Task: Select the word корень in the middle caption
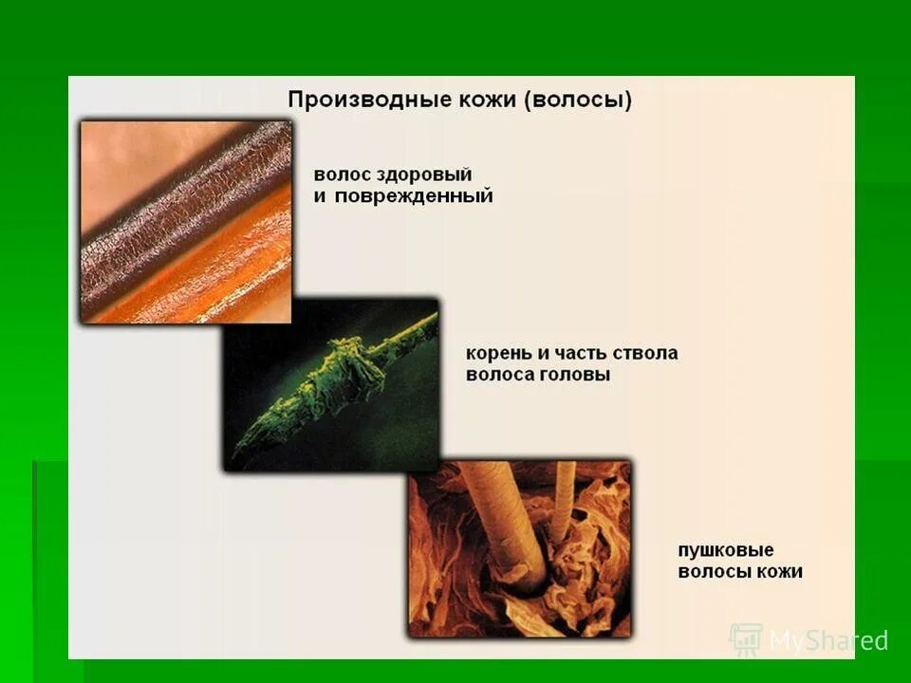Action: click(x=498, y=353)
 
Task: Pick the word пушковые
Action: click(x=726, y=550)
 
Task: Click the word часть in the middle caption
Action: click(x=578, y=353)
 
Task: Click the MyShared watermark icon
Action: click(x=745, y=639)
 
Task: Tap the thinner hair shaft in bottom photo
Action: click(x=564, y=493)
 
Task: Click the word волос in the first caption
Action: click(x=339, y=175)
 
